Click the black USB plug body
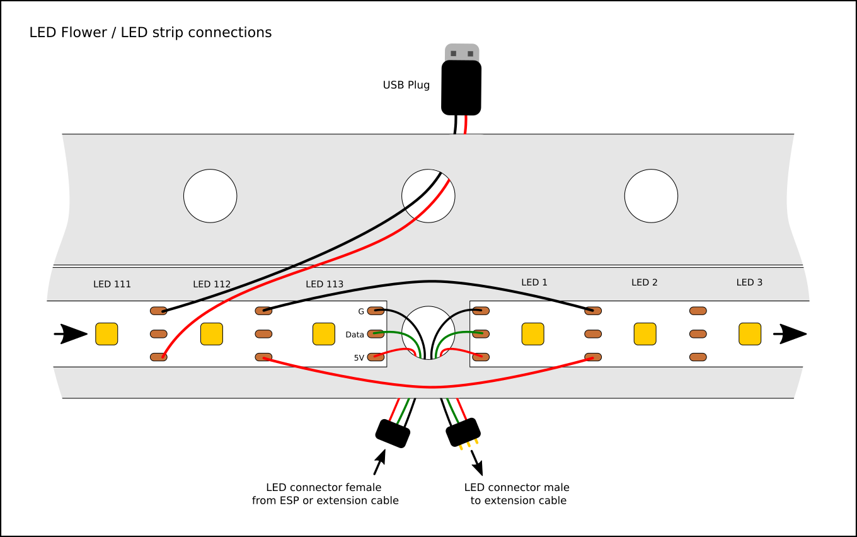click(461, 88)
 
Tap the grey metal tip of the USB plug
click(462, 52)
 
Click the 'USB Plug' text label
click(406, 85)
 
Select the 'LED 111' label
click(112, 284)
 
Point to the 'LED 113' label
click(325, 284)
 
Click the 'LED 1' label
click(534, 282)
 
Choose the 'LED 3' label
click(749, 282)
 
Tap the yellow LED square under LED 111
click(106, 333)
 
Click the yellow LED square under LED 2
click(645, 333)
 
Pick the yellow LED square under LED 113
click(324, 333)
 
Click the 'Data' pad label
click(355, 335)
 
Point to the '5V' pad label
click(359, 358)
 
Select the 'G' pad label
click(361, 311)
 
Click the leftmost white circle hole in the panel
click(210, 196)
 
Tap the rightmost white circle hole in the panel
click(651, 196)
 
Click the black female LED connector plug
click(393, 433)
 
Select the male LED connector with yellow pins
click(463, 433)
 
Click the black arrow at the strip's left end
click(71, 333)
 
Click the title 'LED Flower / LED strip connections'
click(151, 33)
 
